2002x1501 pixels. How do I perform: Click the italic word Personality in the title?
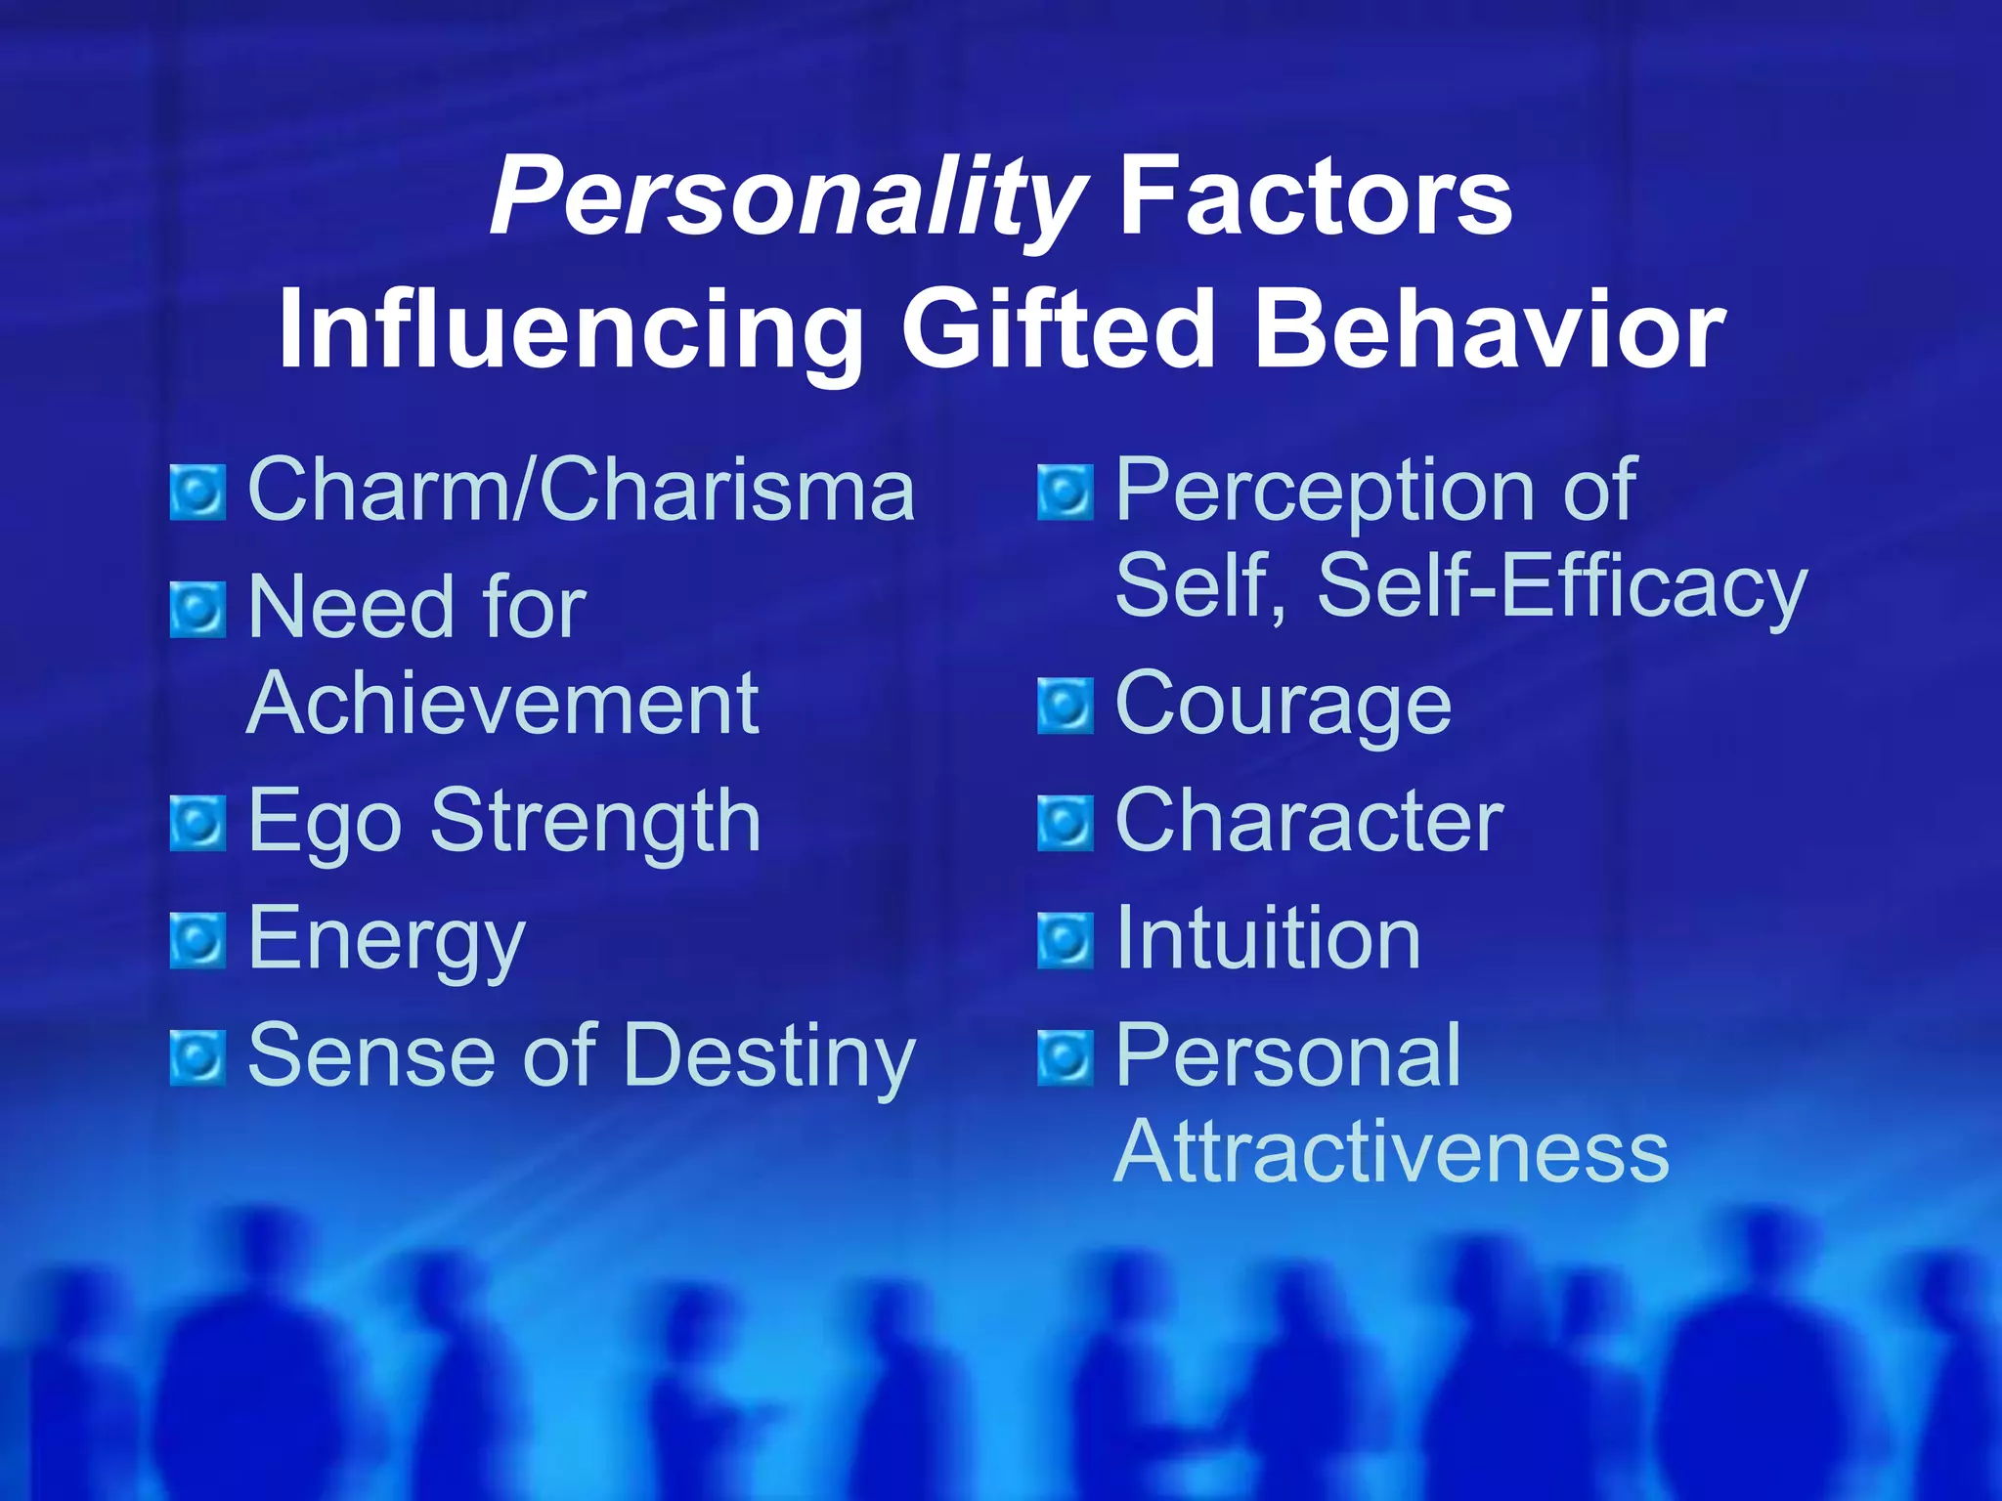788,198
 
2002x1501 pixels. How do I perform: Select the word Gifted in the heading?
1058,331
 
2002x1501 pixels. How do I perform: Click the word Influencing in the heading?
570,331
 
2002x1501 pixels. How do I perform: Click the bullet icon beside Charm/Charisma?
197,493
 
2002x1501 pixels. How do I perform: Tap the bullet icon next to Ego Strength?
197,824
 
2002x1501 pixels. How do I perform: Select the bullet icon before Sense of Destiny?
197,1058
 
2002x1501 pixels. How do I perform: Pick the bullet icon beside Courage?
1065,706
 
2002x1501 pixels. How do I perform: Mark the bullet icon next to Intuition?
1065,940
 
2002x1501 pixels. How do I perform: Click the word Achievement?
502,704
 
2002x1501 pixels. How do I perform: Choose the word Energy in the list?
387,940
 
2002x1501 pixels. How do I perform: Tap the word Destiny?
769,1057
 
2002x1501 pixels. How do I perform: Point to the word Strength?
595,823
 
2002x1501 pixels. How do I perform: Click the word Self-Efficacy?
1562,587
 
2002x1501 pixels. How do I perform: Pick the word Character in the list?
1309,822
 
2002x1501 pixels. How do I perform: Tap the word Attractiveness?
1391,1152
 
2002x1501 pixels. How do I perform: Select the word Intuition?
1268,939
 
